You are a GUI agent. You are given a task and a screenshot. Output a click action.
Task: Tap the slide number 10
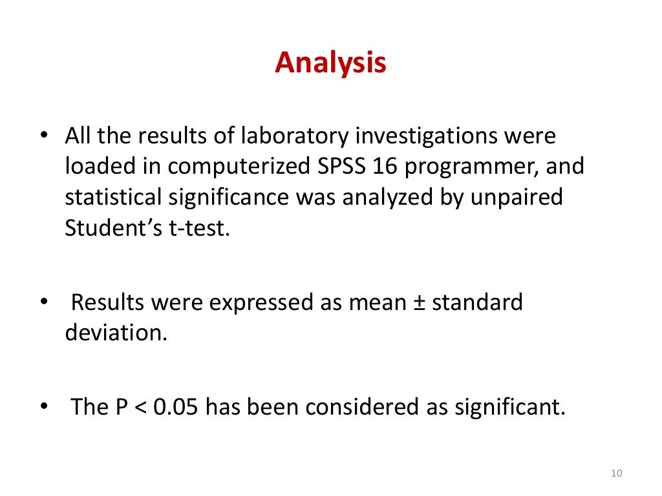pos(615,475)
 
